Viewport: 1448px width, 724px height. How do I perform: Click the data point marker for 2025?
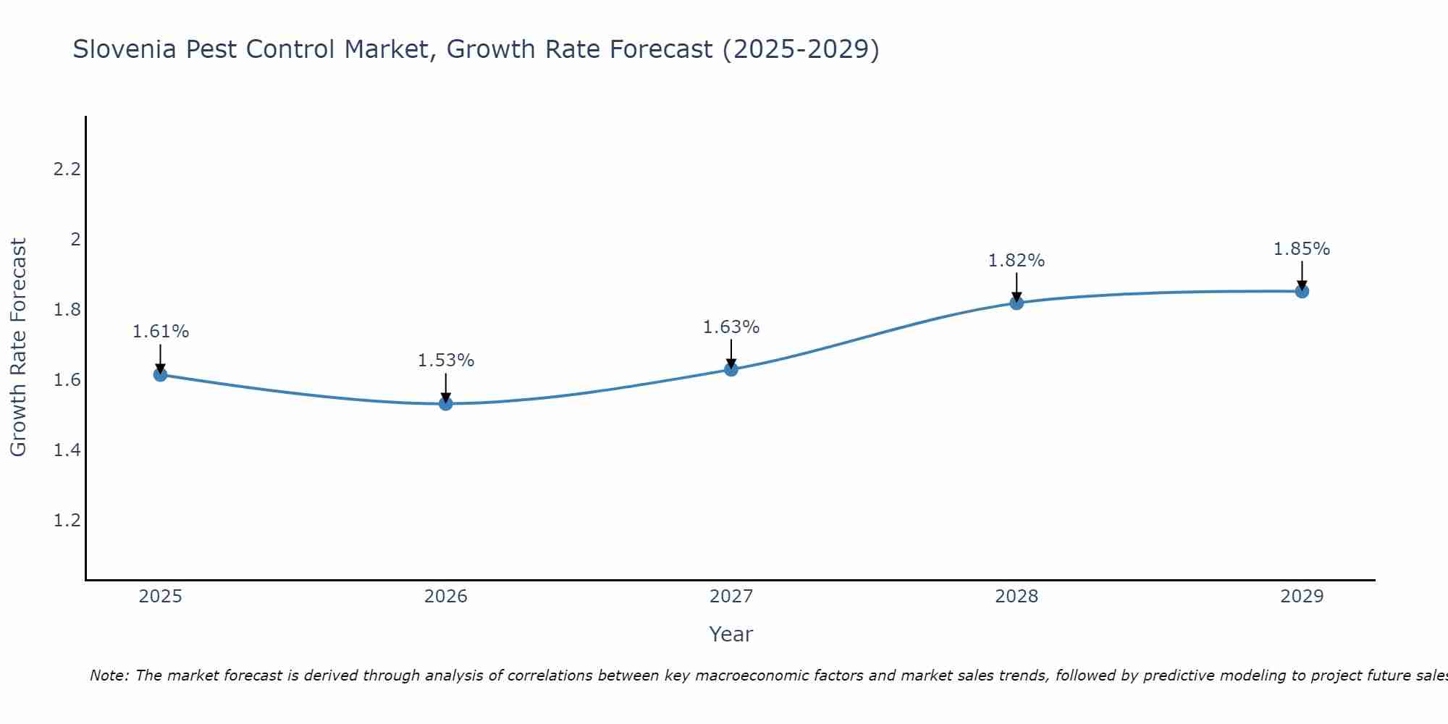pos(160,374)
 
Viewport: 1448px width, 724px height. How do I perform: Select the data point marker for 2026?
pos(446,403)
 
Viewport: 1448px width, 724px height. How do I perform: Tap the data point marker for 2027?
pos(731,369)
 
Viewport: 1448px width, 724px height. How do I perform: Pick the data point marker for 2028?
pos(1016,303)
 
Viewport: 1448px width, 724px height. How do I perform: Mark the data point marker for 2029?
pos(1302,291)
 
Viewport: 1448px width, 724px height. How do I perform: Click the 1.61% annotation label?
pos(160,332)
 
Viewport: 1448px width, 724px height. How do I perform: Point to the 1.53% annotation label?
pos(446,361)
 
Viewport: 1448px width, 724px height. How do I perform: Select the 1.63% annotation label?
pos(731,327)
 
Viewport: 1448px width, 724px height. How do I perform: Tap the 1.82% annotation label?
pos(1016,261)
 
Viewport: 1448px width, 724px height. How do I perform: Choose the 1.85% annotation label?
pos(1302,249)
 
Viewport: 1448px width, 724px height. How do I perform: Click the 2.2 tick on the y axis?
pos(67,169)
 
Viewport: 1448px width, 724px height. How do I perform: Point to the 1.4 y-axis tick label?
pos(67,450)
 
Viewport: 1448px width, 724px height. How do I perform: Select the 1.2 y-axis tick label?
pos(67,521)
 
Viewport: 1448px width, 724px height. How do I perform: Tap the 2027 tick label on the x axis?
pos(731,597)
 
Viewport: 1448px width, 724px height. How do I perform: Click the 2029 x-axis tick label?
pos(1302,597)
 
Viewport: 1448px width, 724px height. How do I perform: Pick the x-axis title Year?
pos(731,634)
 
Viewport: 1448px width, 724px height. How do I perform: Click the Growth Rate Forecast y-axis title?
pos(18,348)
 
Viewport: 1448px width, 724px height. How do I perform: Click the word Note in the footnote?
pos(109,675)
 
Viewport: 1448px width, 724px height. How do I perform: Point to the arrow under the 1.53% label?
pos(446,387)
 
